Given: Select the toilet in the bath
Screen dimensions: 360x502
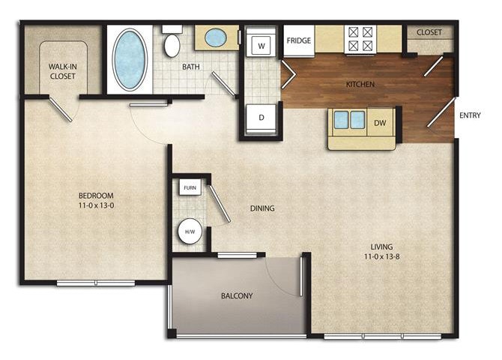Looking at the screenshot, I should [x=172, y=45].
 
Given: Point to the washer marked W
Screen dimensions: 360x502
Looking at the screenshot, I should [x=262, y=46].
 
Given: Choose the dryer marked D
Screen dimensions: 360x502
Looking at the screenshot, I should [x=262, y=118].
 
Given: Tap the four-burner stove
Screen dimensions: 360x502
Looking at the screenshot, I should [x=358, y=39].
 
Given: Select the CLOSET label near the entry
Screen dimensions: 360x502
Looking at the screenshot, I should [x=429, y=33].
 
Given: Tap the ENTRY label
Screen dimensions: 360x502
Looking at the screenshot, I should [x=470, y=115].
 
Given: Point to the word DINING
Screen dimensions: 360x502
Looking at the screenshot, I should [x=262, y=208].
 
